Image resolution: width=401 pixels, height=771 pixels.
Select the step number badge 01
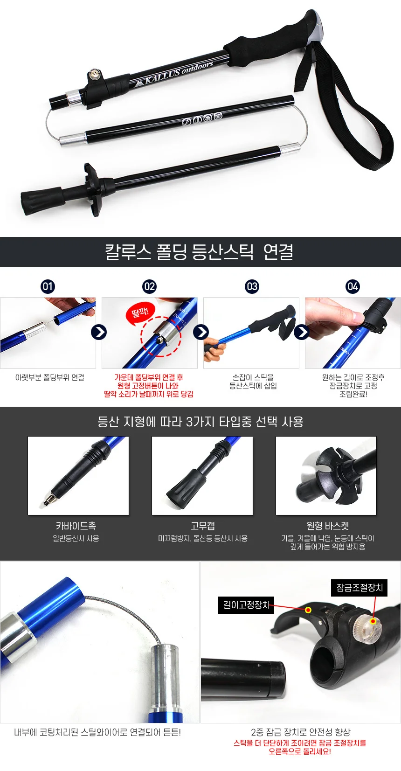tap(48, 286)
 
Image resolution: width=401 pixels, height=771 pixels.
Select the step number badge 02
tap(149, 286)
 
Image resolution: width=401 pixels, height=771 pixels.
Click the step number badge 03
tap(252, 286)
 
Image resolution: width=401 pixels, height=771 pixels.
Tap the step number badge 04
tap(353, 286)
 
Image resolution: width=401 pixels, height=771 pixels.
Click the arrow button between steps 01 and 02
tap(99, 332)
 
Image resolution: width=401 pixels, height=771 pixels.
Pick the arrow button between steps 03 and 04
tap(302, 332)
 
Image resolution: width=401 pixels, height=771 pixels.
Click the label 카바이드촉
tap(76, 526)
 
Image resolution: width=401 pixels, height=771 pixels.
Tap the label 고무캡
tap(202, 526)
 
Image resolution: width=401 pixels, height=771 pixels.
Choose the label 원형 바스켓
tap(328, 526)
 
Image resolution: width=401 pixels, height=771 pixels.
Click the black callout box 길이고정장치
tap(246, 605)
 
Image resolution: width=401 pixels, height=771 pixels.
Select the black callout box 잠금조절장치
tap(360, 587)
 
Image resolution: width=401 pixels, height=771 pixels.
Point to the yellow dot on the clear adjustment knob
tap(373, 621)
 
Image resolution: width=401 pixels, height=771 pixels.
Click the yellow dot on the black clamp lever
tap(308, 610)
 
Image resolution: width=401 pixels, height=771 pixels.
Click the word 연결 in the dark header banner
tap(278, 251)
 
